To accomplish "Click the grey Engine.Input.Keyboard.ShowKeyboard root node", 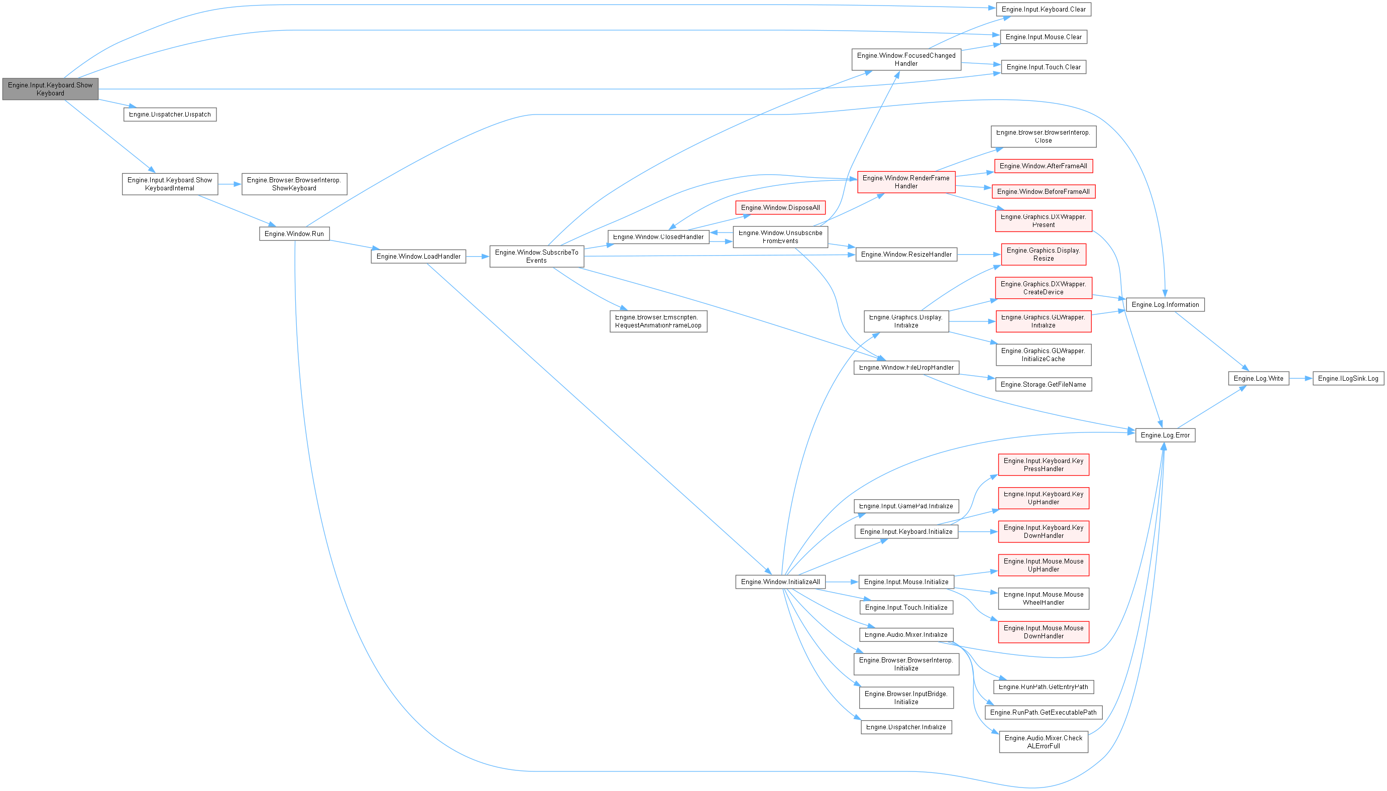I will (x=50, y=89).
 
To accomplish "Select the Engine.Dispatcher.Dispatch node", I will (x=170, y=115).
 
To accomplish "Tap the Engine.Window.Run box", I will (x=294, y=234).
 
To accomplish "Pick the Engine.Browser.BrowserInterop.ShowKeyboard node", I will (x=294, y=184).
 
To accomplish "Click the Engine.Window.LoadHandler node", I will (x=418, y=257).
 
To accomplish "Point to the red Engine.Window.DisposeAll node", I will (x=780, y=208).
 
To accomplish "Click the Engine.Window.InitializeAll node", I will (x=780, y=582).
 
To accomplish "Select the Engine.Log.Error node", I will (x=1165, y=435).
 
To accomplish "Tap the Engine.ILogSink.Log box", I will (x=1348, y=379).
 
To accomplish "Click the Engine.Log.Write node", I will (x=1258, y=379).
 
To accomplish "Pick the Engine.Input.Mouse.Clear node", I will (x=1043, y=37).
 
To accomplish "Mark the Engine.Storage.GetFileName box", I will (x=1043, y=385).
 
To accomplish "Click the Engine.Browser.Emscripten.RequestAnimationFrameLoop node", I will (x=658, y=321).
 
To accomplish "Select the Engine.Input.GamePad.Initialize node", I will (x=906, y=506).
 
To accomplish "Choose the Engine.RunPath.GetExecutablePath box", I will (x=1043, y=712).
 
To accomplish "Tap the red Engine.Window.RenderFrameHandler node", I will (x=906, y=182).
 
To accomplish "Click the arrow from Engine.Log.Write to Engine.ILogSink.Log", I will (x=1301, y=379).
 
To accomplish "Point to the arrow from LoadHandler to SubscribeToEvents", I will (x=478, y=257).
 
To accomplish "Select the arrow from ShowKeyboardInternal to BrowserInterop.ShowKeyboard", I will (x=229, y=184).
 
